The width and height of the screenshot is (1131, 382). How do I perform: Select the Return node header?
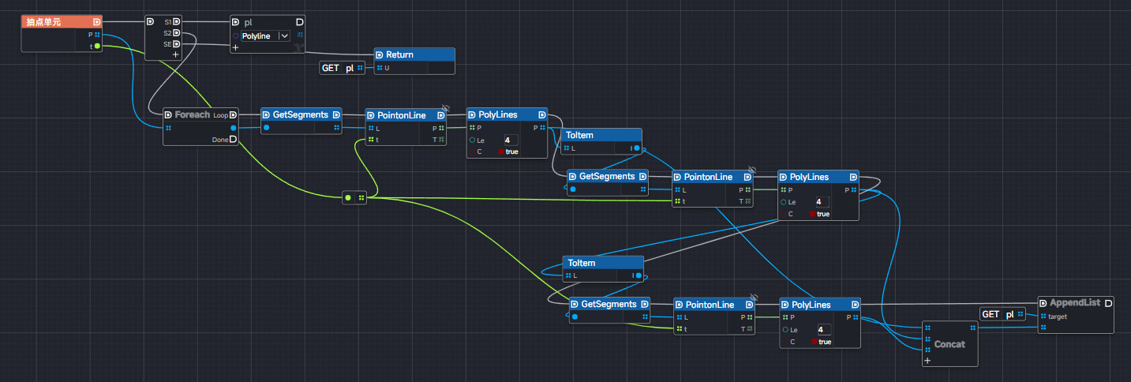(399, 54)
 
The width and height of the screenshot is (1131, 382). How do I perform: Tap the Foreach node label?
(193, 114)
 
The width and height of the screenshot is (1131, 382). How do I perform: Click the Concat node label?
(949, 344)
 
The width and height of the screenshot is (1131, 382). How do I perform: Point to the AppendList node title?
(1074, 303)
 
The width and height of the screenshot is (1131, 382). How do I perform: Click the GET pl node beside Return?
(338, 68)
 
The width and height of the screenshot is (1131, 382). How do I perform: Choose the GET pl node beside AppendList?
(998, 314)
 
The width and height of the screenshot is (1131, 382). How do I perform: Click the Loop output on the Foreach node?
(221, 115)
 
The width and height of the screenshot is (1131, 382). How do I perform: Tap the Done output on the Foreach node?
(221, 140)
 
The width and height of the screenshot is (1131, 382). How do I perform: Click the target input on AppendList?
(1058, 316)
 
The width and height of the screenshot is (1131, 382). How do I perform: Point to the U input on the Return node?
(387, 68)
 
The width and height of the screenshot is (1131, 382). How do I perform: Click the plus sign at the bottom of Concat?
(927, 360)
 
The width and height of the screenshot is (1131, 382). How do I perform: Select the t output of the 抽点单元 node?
(92, 47)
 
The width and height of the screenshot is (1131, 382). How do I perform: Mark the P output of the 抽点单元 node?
(92, 35)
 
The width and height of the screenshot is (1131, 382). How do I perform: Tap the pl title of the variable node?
(249, 22)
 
